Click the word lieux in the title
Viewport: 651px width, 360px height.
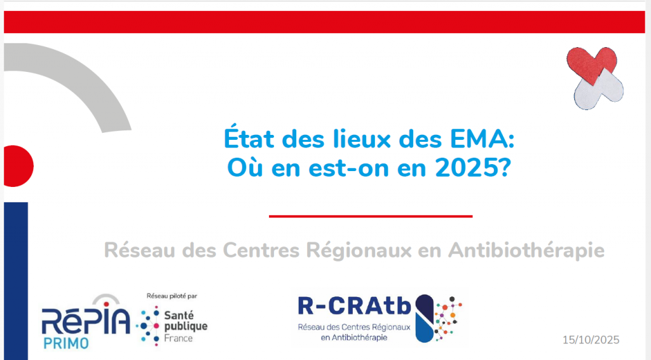362,139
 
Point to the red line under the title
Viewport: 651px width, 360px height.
371,216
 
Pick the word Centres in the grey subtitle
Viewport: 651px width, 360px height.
261,251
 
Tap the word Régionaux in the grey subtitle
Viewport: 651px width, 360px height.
359,251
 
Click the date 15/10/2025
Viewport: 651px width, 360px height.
591,340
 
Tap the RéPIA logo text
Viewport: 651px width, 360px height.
86,321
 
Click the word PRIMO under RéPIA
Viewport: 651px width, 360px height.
66,343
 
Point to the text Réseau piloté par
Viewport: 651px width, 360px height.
172,296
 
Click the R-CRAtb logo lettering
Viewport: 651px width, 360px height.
354,305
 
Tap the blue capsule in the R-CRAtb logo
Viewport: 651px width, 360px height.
424,319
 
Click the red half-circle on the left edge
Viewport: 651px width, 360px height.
18,166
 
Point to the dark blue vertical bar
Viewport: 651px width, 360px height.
16,281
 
